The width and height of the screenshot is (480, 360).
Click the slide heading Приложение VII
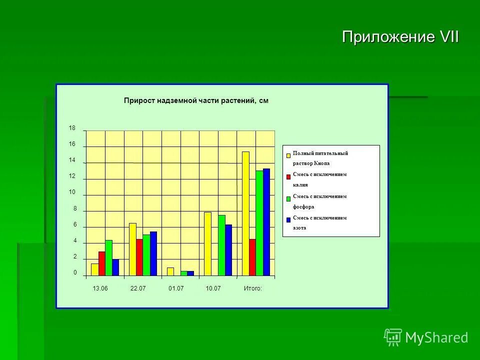(400, 37)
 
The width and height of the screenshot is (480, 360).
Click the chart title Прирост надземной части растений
(196, 100)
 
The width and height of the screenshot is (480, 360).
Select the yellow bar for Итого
(245, 213)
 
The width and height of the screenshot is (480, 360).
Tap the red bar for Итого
(252, 257)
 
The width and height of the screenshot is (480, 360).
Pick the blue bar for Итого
(266, 222)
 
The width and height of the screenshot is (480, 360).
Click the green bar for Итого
(259, 223)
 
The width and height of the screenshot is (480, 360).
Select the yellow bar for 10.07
(207, 244)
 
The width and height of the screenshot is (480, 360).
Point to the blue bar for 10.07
(228, 250)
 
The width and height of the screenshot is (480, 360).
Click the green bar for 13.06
(108, 258)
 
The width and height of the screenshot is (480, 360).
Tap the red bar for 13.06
(101, 263)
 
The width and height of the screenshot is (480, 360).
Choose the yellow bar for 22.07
(132, 249)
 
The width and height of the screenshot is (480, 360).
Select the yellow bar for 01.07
(170, 271)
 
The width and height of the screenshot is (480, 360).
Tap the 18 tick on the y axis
(72, 128)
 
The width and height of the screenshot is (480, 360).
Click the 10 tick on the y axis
(72, 192)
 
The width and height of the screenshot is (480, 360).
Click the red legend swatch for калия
(288, 176)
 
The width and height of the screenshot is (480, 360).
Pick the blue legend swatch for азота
(288, 219)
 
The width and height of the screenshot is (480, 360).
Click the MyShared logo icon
(393, 337)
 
